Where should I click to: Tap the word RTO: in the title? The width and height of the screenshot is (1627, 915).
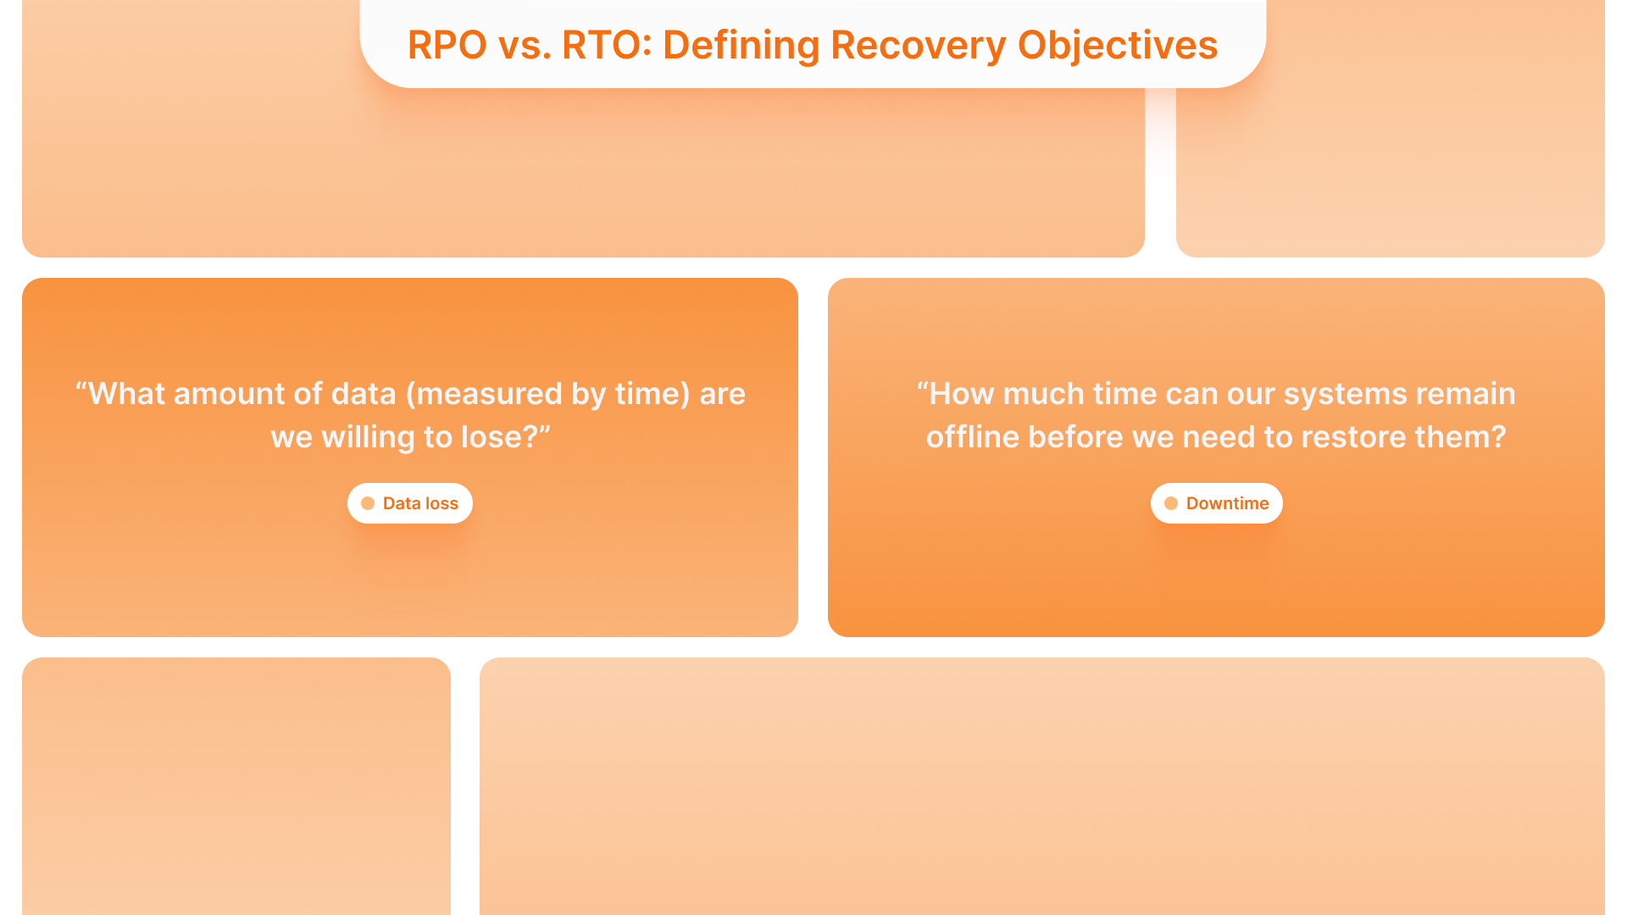click(607, 45)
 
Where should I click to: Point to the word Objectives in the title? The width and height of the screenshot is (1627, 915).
click(1118, 45)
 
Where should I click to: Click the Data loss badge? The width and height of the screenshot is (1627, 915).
click(410, 503)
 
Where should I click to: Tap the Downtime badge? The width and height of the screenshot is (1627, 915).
click(1217, 503)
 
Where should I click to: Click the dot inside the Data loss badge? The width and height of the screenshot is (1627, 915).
click(368, 503)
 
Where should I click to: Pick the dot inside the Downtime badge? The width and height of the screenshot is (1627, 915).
click(1171, 503)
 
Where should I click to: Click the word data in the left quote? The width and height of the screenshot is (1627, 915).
click(364, 394)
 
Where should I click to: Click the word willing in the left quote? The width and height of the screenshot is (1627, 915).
click(368, 437)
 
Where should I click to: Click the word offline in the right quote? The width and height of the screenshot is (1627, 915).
click(971, 437)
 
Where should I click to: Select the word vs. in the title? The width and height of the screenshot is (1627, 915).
click(525, 45)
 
